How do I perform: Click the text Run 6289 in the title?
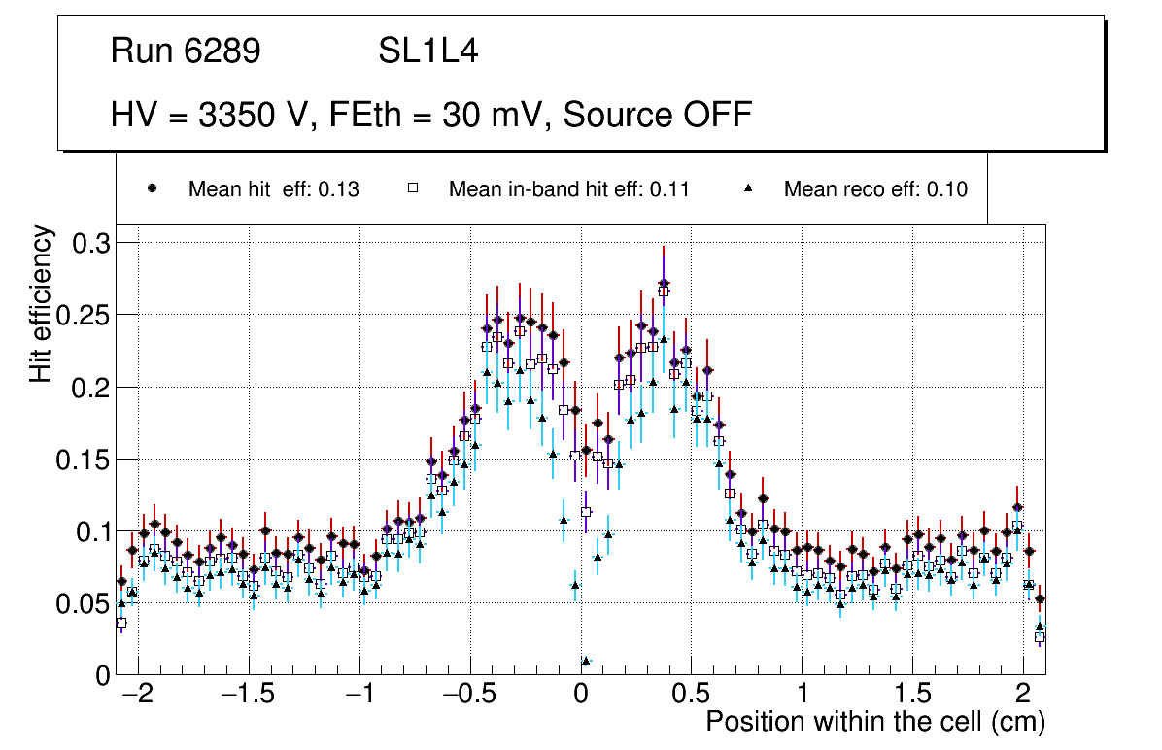186,51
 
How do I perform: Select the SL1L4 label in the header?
427,51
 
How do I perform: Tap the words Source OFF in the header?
658,115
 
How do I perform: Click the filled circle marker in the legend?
152,188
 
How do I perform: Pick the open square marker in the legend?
412,188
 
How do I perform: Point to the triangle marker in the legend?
748,188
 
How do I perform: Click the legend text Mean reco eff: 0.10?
874,189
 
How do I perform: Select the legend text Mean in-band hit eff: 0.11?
568,189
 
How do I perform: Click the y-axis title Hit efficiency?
41,303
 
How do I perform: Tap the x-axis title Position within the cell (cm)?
874,722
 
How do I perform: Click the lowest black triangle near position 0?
586,662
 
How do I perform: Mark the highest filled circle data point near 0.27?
664,284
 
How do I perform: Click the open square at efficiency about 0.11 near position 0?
586,512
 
